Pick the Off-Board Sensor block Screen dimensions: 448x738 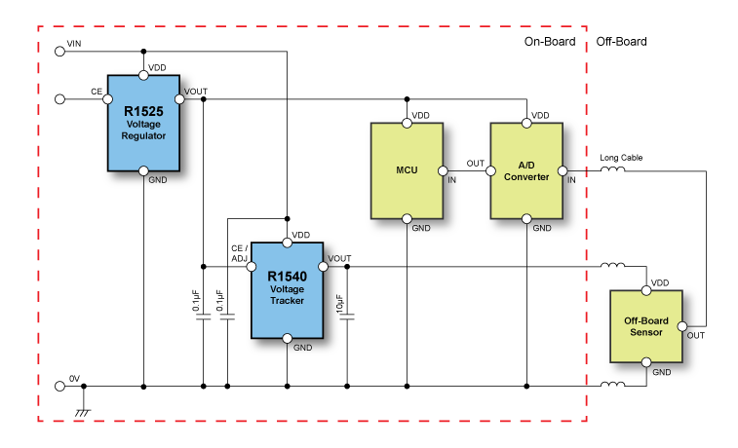click(x=643, y=325)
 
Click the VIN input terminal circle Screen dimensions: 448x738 click(x=59, y=51)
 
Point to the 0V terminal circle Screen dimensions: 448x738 click(x=59, y=386)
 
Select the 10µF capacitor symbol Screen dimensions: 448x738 click(x=347, y=315)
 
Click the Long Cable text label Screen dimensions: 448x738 click(x=621, y=158)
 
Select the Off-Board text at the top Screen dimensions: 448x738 click(x=621, y=42)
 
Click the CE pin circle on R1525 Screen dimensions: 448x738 click(x=108, y=98)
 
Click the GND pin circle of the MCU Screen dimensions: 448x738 click(x=407, y=218)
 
